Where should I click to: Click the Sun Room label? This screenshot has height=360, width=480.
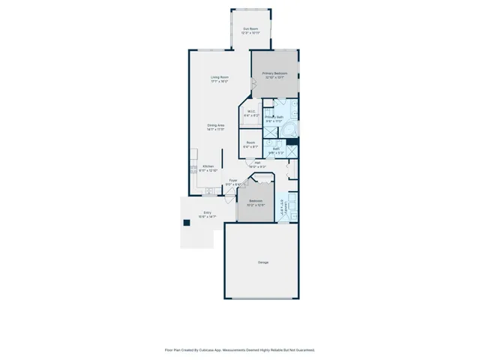(249, 29)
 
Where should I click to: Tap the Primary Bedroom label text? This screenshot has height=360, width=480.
(274, 73)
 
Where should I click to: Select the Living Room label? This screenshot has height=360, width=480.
(219, 77)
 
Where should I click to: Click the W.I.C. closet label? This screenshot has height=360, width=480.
(252, 112)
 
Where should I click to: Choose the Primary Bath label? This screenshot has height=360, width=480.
(274, 117)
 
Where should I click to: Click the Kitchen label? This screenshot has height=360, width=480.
(208, 166)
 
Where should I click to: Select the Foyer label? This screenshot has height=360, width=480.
(233, 180)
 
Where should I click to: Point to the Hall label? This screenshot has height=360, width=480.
(257, 163)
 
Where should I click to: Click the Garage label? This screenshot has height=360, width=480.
(263, 262)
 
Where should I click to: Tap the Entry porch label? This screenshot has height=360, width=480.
(208, 213)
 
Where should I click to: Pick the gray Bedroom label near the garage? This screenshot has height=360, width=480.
(256, 201)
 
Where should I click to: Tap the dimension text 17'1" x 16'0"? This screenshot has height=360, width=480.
(219, 82)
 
